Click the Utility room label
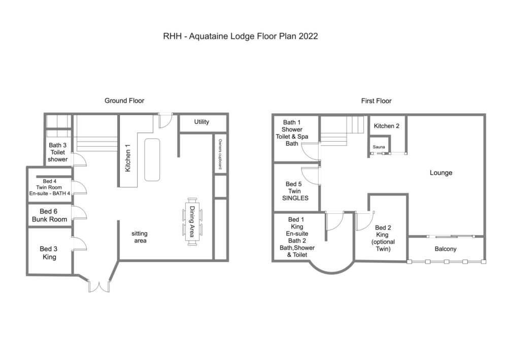201,122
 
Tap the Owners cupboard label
220,154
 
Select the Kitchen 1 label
128,158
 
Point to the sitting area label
140,237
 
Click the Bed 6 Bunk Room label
49,215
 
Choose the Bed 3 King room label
48,253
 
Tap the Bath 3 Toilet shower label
58,152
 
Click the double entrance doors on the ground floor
99,286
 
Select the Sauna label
379,147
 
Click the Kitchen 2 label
386,126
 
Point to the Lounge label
441,173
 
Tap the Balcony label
446,249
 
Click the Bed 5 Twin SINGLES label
295,191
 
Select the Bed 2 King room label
383,238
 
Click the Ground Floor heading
124,101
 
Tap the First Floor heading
376,101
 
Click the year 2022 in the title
308,36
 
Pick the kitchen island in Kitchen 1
152,159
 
